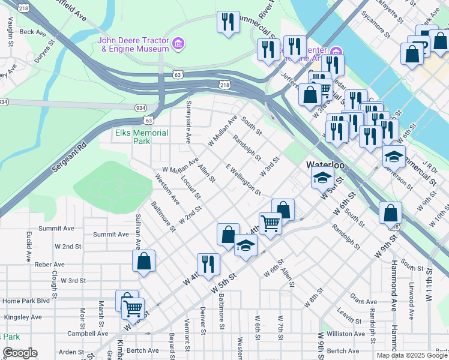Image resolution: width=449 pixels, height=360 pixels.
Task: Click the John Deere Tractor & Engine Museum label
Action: (133, 45)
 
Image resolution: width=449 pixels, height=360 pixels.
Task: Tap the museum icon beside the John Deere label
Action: (178, 44)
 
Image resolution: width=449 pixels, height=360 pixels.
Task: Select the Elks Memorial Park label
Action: (133, 137)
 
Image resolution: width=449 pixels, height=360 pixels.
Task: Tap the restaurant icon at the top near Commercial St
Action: (228, 22)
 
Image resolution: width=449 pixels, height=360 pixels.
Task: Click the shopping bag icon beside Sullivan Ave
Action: (144, 261)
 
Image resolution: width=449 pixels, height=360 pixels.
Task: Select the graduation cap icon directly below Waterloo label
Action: (322, 177)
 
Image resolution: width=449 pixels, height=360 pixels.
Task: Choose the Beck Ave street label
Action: (32, 32)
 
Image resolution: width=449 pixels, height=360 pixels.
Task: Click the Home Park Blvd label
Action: (26, 301)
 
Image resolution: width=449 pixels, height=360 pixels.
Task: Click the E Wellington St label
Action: (243, 179)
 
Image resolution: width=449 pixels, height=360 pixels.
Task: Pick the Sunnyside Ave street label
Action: (188, 127)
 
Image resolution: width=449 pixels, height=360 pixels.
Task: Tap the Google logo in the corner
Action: (20, 353)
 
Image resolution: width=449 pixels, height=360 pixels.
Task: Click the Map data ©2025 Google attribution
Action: (411, 355)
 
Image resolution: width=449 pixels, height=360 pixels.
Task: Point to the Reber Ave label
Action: (50, 264)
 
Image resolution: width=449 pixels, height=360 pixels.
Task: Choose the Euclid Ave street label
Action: (28, 247)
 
